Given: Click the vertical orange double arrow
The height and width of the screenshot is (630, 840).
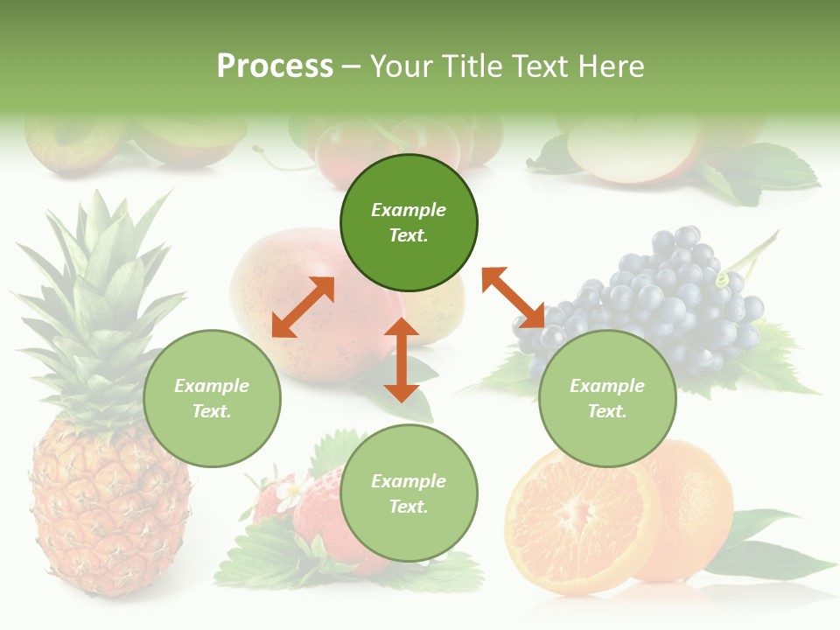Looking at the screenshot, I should point(402,360).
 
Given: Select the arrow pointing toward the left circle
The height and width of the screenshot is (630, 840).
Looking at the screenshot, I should point(303,307).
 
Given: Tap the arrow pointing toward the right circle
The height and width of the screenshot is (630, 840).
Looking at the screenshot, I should point(514,297).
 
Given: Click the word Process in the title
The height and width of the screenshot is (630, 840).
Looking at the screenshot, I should point(275,66).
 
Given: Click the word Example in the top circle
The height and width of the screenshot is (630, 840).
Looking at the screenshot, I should point(409,210).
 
